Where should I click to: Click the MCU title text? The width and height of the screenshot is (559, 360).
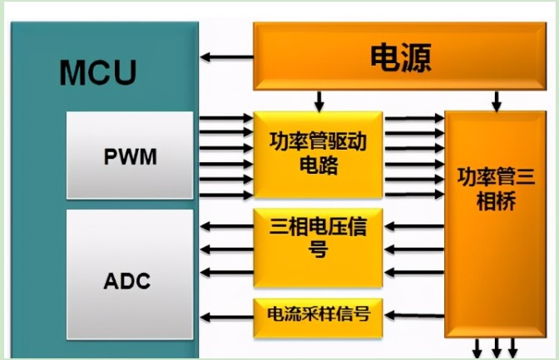(97, 72)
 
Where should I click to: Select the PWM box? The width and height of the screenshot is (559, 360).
(131, 156)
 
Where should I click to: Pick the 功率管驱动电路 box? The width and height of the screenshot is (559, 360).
(317, 153)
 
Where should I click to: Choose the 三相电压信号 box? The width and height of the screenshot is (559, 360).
(317, 237)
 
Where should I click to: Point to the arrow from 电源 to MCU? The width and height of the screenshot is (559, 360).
(227, 57)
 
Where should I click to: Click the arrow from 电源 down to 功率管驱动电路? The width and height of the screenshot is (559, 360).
(318, 101)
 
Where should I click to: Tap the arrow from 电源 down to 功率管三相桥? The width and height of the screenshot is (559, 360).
(497, 101)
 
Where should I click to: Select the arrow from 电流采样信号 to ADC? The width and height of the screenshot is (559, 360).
(227, 315)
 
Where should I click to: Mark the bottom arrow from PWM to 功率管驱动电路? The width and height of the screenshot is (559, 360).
(226, 195)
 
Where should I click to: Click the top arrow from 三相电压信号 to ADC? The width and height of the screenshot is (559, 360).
(227, 225)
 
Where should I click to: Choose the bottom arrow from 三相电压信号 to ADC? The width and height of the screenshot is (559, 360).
(227, 271)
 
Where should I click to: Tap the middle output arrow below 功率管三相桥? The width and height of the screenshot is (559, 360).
(497, 348)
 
